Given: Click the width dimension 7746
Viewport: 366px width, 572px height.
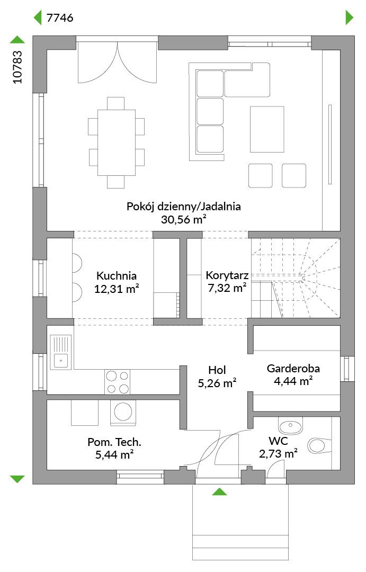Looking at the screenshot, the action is click(60, 17).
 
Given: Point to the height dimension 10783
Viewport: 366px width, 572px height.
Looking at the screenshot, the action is click(17, 67).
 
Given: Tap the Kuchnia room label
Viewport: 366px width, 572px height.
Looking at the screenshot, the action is click(117, 276).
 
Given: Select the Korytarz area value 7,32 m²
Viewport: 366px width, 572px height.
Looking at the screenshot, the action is click(227, 288).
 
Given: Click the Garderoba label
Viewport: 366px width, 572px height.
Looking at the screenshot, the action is click(293, 369).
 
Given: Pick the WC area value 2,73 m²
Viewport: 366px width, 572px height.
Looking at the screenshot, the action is click(278, 454).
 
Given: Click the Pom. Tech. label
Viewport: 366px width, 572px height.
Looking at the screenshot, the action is click(114, 442).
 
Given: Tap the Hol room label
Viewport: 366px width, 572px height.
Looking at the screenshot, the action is click(217, 370).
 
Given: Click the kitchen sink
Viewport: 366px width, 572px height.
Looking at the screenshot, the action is click(60, 352).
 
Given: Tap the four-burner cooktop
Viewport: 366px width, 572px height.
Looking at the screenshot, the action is click(117, 382).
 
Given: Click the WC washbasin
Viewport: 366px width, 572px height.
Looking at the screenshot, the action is click(291, 426).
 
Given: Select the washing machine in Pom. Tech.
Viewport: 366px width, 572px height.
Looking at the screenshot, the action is click(123, 412).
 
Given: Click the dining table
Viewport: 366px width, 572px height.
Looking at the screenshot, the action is click(117, 142).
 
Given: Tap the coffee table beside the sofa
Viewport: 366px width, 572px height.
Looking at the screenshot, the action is click(267, 129).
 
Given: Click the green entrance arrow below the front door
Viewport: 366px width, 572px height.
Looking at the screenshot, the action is click(219, 491).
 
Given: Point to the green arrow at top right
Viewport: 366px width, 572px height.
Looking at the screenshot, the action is click(349, 17).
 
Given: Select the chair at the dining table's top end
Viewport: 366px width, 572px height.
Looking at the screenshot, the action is click(116, 103).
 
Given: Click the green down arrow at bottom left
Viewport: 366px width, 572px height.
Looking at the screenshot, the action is click(17, 479).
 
